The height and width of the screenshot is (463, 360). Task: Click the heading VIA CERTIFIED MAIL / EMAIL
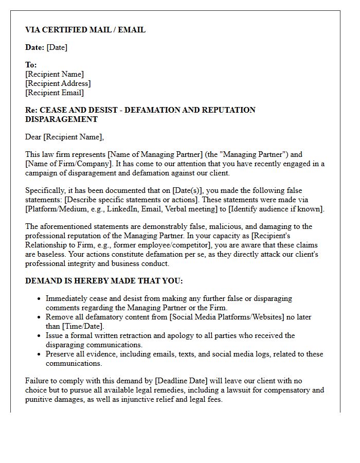click(x=85, y=30)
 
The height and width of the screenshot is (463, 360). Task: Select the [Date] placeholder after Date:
click(x=57, y=47)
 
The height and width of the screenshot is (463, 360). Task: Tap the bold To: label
click(x=31, y=65)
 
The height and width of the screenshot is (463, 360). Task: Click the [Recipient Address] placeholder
click(x=58, y=83)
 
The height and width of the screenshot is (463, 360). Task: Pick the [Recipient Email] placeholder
click(x=55, y=93)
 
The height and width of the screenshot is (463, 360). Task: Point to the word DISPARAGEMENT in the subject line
click(x=61, y=119)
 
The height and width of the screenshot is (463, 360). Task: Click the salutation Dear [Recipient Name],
click(x=64, y=137)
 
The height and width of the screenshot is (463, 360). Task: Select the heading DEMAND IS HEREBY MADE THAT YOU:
click(x=104, y=281)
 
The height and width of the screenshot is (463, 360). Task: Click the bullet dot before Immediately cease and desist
click(x=40, y=298)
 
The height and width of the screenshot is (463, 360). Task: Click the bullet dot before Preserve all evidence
click(x=40, y=354)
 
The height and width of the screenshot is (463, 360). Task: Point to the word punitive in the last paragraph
click(x=39, y=399)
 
